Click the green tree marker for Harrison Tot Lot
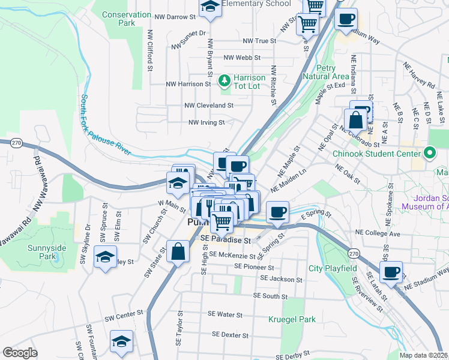click(224, 80)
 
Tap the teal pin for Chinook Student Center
click(430, 153)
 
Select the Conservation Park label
click(127, 19)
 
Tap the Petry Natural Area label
click(327, 72)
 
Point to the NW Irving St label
click(206, 122)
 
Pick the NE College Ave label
click(377, 232)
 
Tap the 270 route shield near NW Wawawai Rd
click(16, 143)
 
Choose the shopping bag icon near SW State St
click(178, 252)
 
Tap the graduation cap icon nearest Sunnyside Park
click(105, 258)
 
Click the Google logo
click(20, 353)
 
